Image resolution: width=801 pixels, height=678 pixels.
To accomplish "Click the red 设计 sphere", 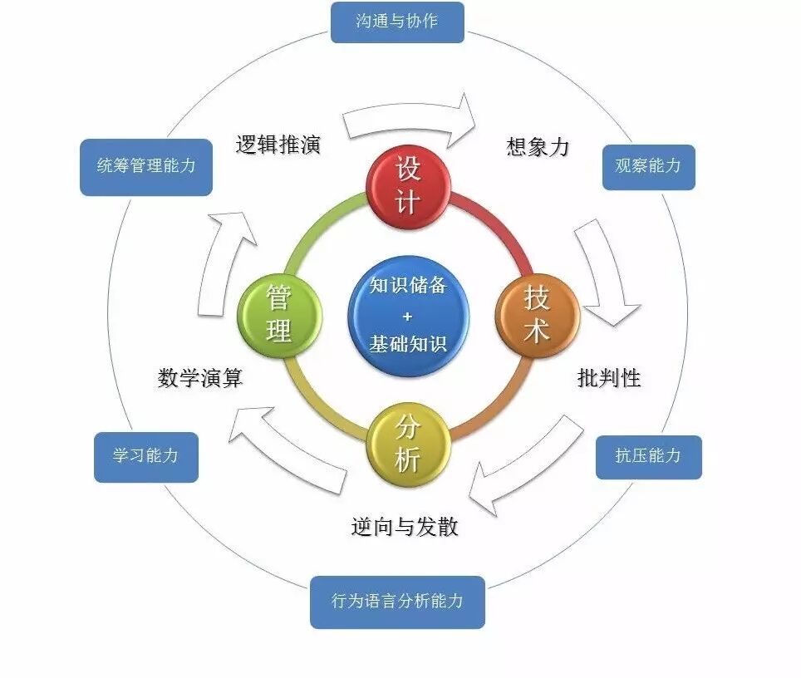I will tap(409, 186).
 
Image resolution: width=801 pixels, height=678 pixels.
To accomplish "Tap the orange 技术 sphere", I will tap(537, 316).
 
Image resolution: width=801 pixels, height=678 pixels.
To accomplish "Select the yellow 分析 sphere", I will tap(408, 445).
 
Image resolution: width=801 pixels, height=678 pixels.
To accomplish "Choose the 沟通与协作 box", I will tap(397, 22).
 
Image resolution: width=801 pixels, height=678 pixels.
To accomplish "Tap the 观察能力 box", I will tap(648, 167).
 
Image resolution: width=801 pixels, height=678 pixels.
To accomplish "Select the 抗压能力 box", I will tap(648, 456).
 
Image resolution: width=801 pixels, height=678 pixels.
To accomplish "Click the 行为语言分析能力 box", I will tap(397, 602).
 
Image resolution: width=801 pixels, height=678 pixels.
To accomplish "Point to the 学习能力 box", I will tap(146, 456).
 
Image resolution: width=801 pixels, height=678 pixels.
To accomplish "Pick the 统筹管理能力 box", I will tap(146, 167).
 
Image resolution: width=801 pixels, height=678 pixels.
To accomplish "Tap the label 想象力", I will tap(538, 147).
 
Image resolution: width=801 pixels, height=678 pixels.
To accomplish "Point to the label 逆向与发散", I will tap(405, 527).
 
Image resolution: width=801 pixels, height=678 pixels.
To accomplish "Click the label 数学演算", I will tap(200, 379).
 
